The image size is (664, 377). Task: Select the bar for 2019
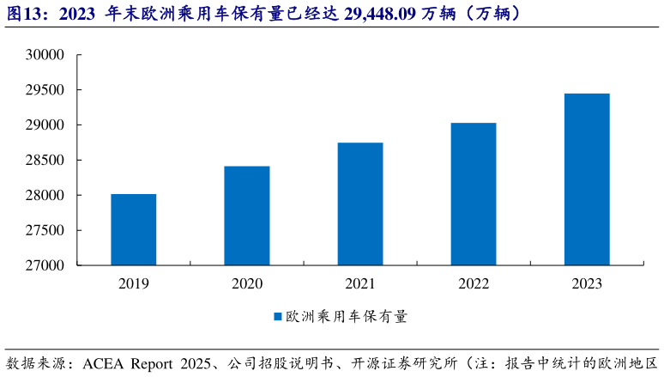(x=133, y=229)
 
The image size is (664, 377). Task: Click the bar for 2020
(x=247, y=216)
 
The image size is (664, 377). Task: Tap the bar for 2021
(x=360, y=204)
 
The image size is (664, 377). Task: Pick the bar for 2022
(x=474, y=194)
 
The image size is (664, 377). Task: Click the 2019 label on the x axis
(x=133, y=283)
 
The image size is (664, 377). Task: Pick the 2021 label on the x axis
(x=360, y=283)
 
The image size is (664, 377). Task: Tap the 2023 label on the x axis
(x=587, y=283)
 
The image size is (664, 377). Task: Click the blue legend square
(x=278, y=317)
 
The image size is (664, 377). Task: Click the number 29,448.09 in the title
(x=375, y=14)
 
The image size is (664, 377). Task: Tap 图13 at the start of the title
(x=24, y=14)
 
